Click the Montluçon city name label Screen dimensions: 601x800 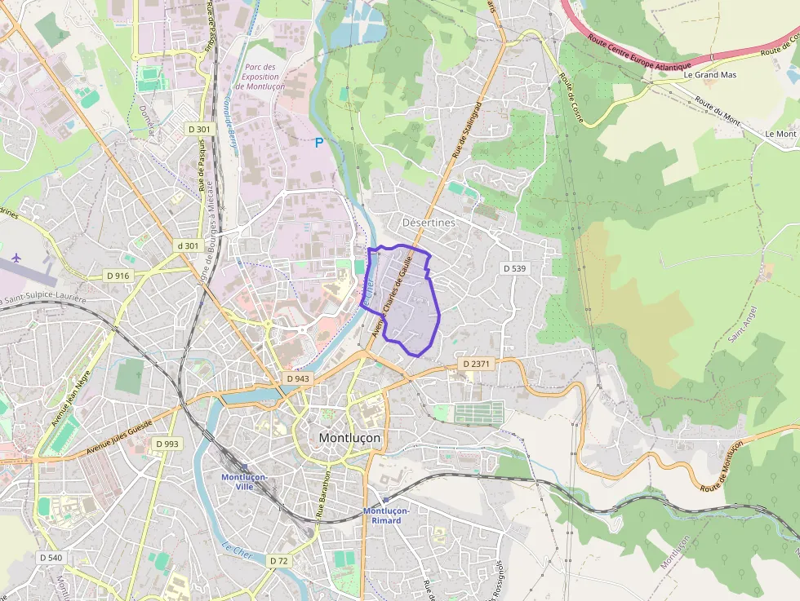[349, 438]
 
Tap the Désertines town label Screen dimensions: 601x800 [429, 222]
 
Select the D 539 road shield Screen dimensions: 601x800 [515, 268]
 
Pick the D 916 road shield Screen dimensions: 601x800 [118, 276]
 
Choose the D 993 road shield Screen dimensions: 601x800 [166, 443]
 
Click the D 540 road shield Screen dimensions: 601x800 [51, 558]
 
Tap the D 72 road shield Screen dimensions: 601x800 [278, 561]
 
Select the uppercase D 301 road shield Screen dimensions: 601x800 [199, 129]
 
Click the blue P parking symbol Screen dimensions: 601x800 [319, 143]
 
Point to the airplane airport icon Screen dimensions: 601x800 [17, 259]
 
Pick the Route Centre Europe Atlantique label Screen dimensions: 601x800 [640, 54]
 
